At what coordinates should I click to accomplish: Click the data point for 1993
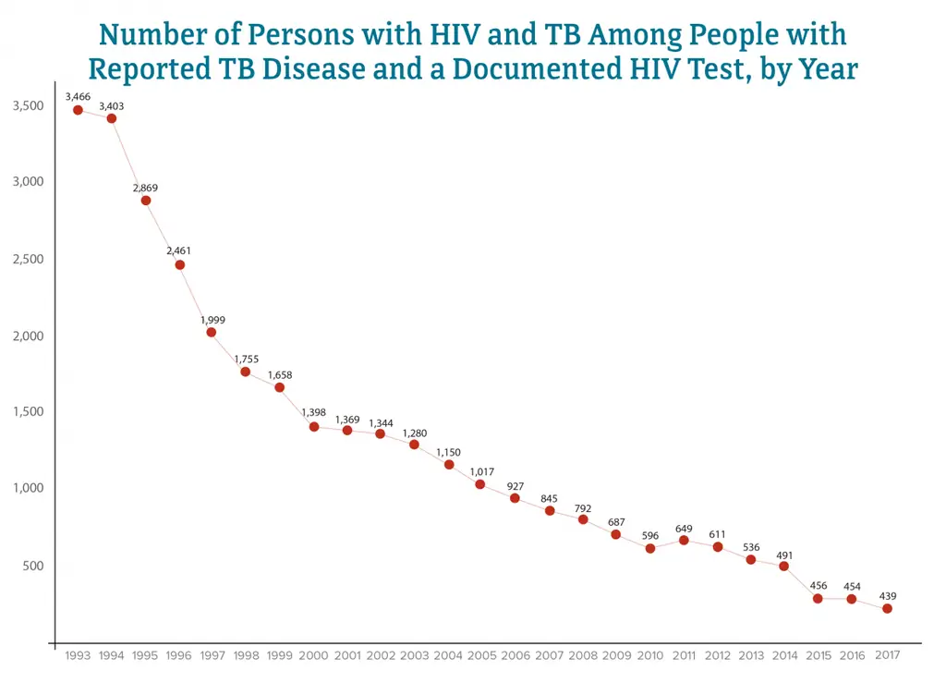[79, 110]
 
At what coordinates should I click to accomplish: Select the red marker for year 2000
[314, 427]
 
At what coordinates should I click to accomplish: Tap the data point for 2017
[887, 608]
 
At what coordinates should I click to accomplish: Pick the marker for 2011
[684, 540]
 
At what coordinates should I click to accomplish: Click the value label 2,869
[145, 188]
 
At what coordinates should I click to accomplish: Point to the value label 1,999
[212, 320]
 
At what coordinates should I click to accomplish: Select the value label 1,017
[482, 472]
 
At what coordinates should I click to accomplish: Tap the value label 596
[650, 536]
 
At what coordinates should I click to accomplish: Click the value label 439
[888, 596]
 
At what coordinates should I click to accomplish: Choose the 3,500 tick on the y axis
[28, 106]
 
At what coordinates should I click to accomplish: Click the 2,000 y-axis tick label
[28, 335]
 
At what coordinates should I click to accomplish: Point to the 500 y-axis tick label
[32, 566]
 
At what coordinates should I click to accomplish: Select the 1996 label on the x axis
[178, 655]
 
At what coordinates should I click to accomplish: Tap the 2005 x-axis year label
[482, 655]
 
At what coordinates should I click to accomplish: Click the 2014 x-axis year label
[784, 655]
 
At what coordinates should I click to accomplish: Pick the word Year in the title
[824, 68]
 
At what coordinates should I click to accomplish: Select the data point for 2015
[818, 599]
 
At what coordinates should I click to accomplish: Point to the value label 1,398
[314, 412]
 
